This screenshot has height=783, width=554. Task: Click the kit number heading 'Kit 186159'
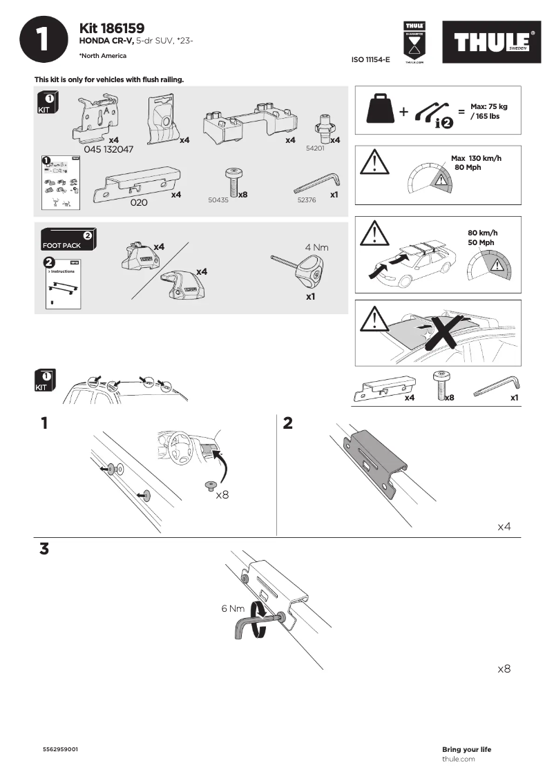[112, 28]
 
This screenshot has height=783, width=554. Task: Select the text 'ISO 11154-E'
[371, 60]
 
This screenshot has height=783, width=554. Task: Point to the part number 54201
[315, 148]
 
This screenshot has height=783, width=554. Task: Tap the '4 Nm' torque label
[317, 246]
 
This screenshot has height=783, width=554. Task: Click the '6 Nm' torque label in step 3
[233, 608]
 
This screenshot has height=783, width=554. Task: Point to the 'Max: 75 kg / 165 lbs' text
[488, 111]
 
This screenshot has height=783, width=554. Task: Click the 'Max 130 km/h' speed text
[476, 159]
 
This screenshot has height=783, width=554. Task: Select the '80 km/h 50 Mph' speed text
[481, 238]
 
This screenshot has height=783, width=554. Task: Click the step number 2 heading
[288, 423]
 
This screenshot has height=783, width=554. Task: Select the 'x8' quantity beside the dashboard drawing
[222, 495]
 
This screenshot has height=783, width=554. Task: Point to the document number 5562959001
[61, 749]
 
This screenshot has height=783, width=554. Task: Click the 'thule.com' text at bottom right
[458, 759]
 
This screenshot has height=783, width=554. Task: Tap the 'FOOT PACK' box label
[61, 245]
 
